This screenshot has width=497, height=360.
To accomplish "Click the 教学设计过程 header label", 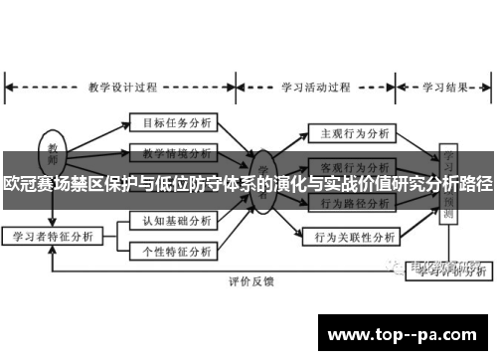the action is coord(122,87).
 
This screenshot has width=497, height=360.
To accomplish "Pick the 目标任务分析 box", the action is coord(171,124).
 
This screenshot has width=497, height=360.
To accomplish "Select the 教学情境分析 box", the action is coord(171,154).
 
